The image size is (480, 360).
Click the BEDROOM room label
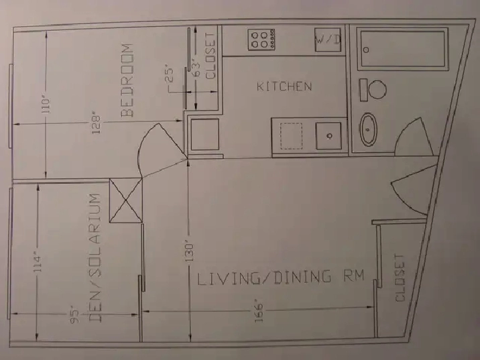[127, 80]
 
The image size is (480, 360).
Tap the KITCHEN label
[284, 86]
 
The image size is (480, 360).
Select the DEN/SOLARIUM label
[95, 257]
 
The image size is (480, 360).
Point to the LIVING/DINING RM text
[281, 277]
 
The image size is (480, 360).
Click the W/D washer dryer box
[328, 40]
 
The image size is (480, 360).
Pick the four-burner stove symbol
[261, 40]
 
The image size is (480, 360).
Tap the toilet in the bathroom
[373, 89]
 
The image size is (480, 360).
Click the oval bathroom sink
[368, 129]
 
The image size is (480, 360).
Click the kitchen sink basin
[328, 135]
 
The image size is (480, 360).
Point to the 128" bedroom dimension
[96, 124]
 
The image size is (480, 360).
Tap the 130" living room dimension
[189, 252]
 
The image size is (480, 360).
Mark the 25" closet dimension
[170, 73]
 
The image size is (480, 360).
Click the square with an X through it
[126, 200]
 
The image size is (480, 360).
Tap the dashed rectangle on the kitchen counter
[291, 136]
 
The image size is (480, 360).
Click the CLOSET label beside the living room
[400, 278]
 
